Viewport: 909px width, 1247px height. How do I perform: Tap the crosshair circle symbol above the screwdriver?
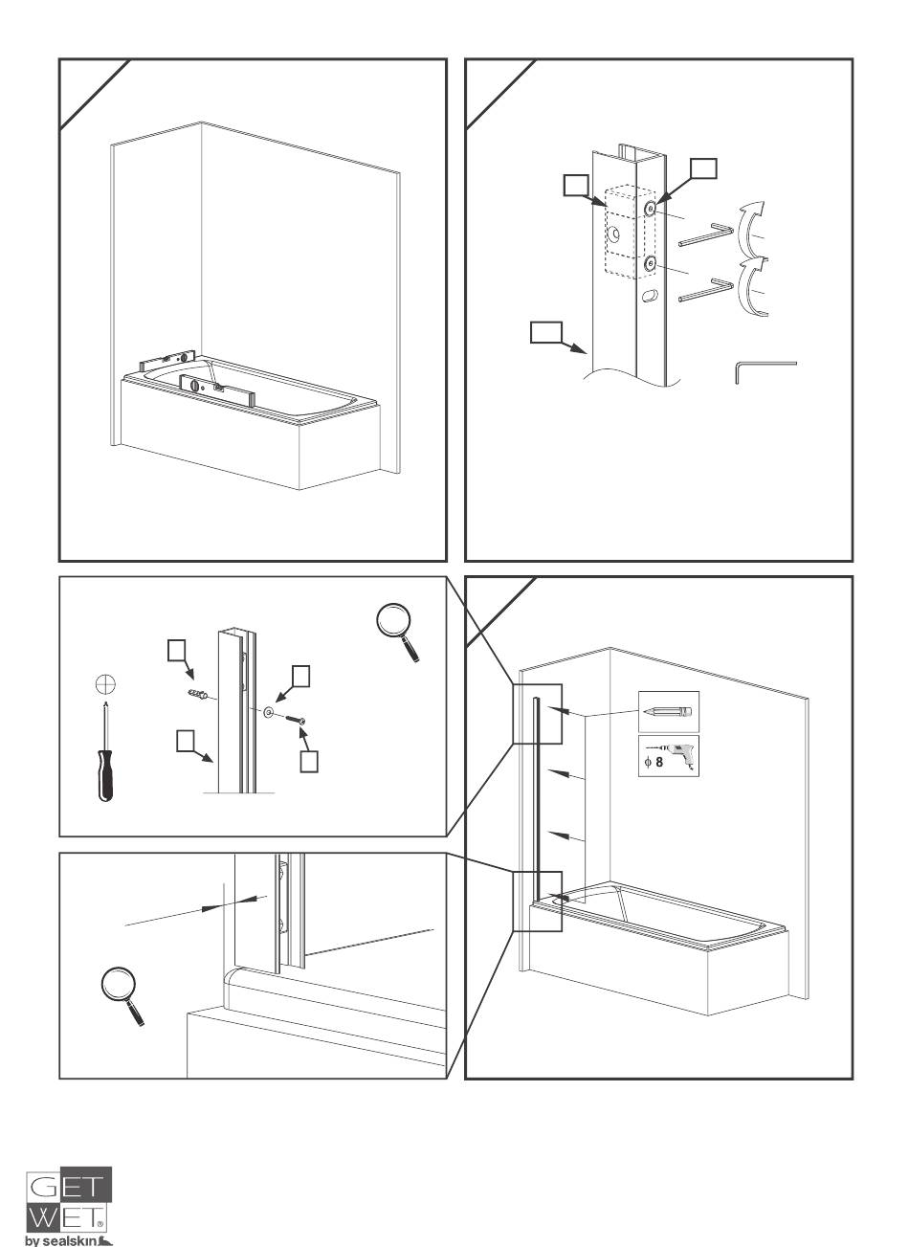coord(105,684)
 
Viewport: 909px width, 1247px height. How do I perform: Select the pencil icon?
coord(668,711)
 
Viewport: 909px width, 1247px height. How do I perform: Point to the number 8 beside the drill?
coord(659,762)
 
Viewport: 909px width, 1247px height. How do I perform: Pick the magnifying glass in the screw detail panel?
coord(397,632)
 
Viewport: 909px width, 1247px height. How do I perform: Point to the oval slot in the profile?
coord(650,296)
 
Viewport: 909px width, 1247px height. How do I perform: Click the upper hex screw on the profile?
coord(650,209)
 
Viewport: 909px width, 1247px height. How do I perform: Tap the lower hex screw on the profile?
coord(650,263)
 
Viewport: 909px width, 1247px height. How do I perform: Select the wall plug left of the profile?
coord(198,694)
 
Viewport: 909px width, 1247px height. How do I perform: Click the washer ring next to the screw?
coord(269,713)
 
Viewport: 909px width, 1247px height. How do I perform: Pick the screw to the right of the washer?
coord(296,721)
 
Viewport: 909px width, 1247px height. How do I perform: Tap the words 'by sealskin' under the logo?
coord(69,1241)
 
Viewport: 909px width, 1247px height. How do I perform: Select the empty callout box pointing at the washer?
coord(301,677)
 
